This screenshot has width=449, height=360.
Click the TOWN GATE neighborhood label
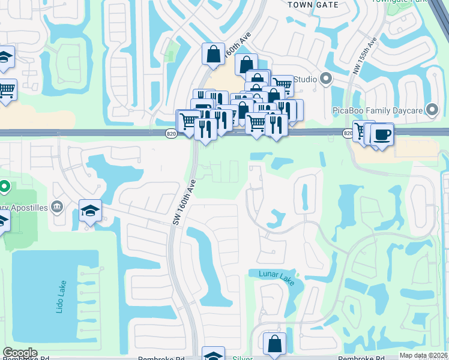point(313,4)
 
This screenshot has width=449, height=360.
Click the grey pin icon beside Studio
point(326,79)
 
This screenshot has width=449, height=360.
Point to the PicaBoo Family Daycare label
point(378,110)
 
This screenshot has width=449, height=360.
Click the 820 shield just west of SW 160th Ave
point(171,134)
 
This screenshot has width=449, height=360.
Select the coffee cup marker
point(381,133)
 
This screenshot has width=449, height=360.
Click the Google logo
point(20,353)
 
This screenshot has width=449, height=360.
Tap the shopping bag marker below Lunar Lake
point(274,344)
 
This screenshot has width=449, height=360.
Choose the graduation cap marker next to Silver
point(213,355)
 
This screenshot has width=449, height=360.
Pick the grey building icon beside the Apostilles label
point(57,207)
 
